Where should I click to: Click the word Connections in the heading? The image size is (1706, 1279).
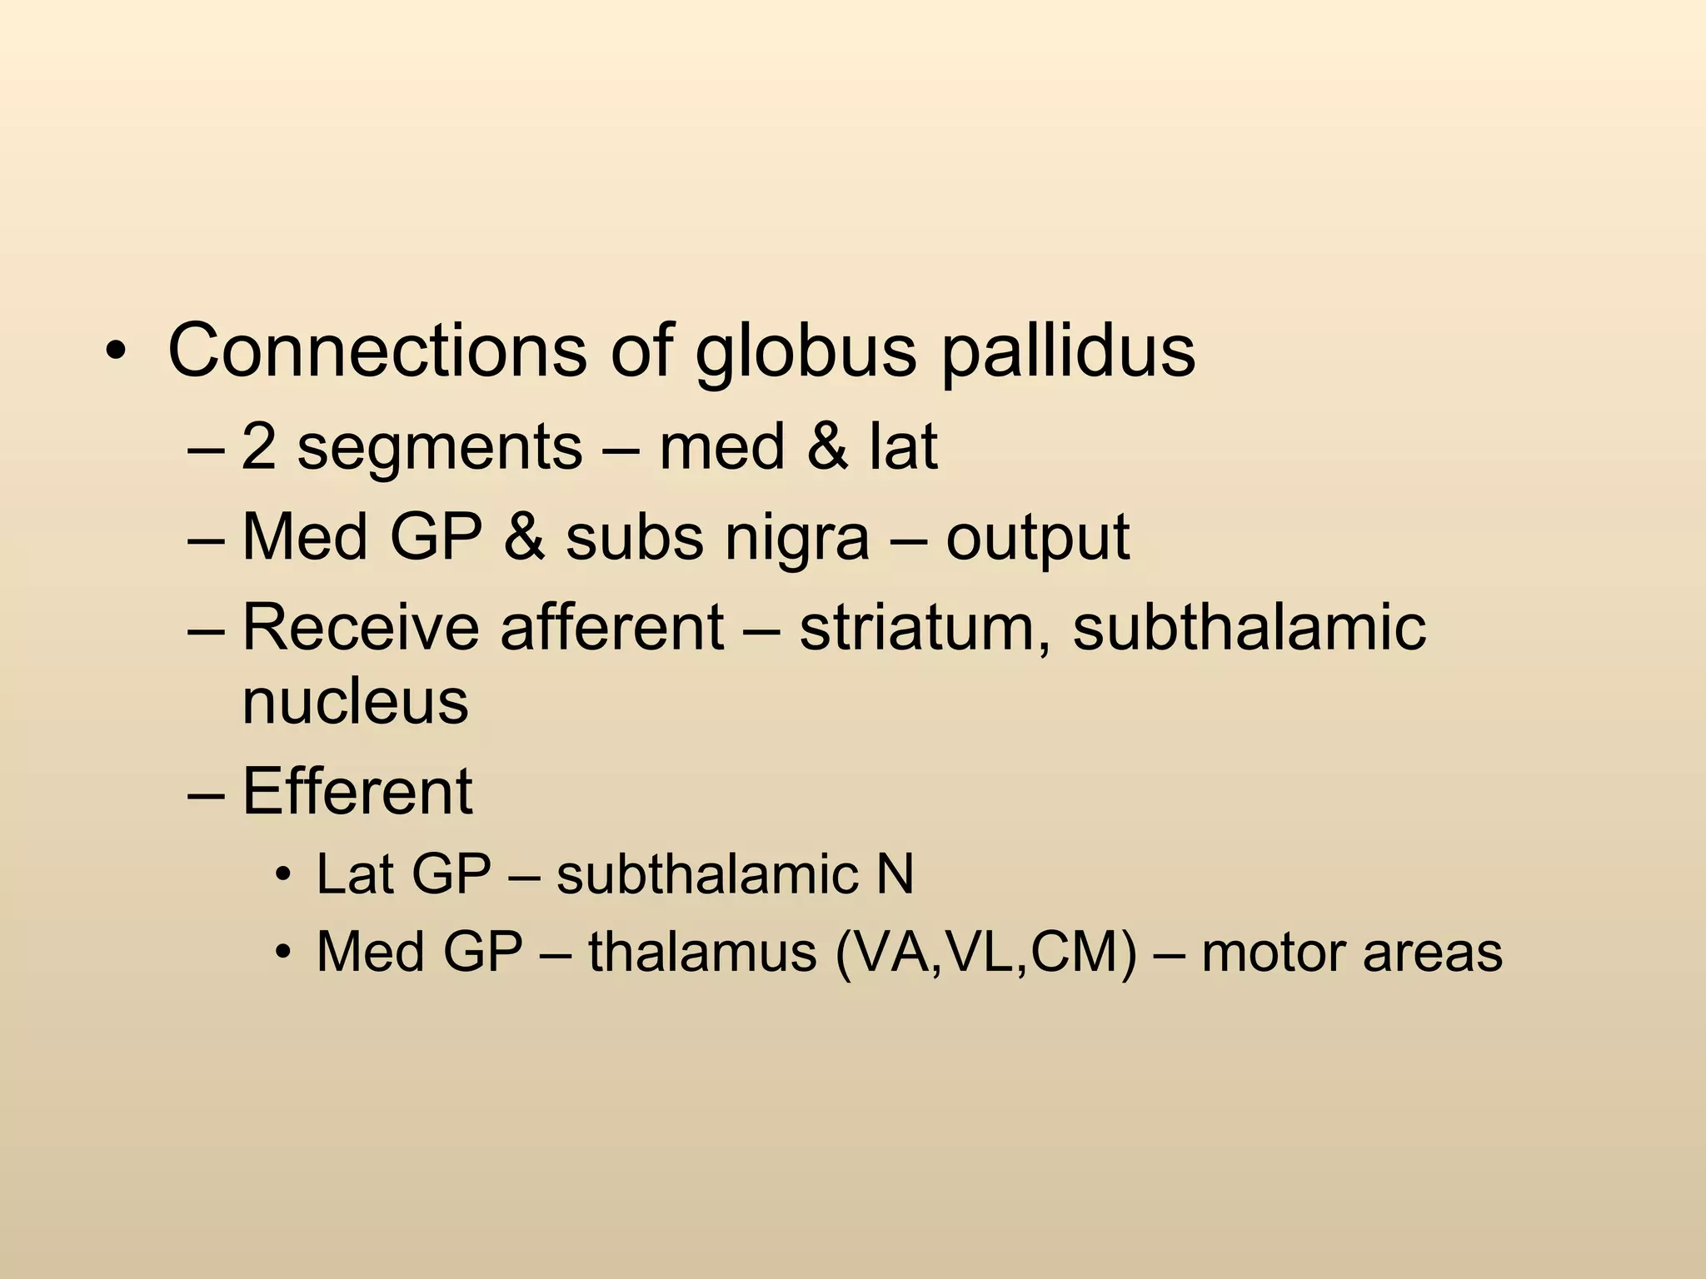tap(377, 350)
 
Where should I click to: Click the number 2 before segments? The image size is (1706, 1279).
tap(259, 447)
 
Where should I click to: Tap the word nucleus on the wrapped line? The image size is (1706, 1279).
tap(356, 701)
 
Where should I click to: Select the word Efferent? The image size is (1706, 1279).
tap(357, 791)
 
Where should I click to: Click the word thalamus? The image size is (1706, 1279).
tap(702, 952)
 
